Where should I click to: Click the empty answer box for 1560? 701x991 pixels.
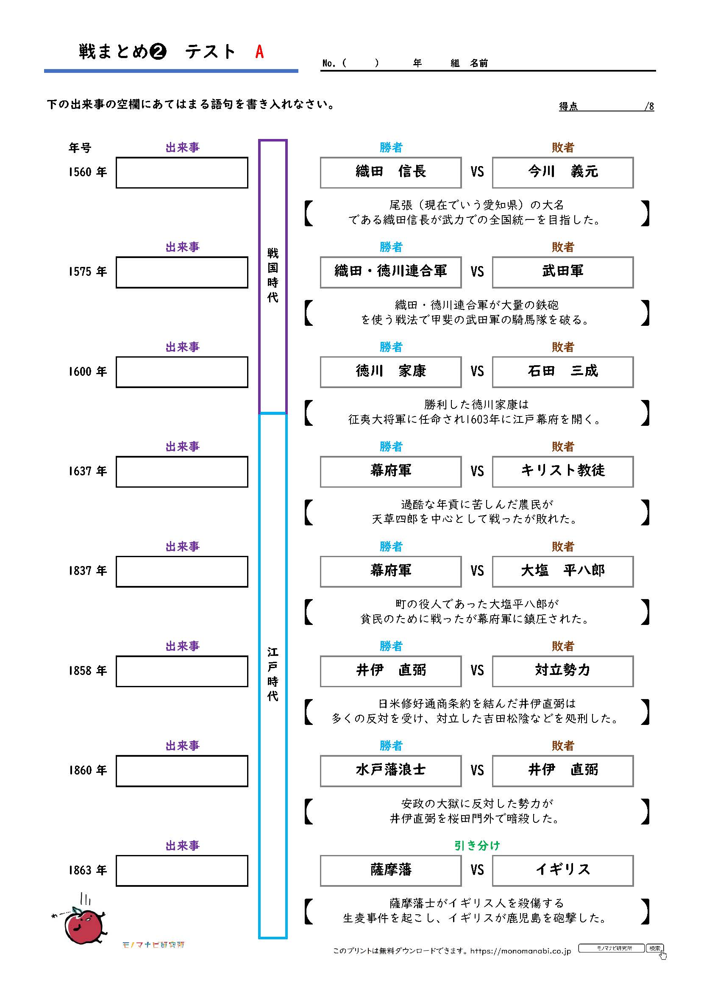click(182, 172)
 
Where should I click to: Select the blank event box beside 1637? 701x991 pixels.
click(182, 472)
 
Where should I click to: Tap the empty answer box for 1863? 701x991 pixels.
click(182, 871)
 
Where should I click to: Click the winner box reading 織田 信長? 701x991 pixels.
click(391, 172)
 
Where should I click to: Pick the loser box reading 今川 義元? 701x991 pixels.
click(562, 172)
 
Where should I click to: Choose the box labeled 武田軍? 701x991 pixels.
click(562, 272)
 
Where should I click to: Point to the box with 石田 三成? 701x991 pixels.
click(562, 372)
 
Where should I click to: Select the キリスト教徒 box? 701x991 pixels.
click(562, 472)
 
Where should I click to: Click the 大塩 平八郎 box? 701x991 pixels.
click(562, 572)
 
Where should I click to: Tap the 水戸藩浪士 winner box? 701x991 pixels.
click(391, 771)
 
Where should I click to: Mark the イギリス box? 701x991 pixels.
click(562, 871)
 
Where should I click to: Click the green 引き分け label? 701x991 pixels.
click(476, 846)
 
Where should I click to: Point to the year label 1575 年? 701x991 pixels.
click(88, 272)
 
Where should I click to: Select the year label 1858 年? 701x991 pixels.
click(88, 671)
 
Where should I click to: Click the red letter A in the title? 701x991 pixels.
click(259, 52)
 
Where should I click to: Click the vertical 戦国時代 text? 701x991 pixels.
click(273, 275)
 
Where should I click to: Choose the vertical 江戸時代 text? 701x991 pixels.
click(273, 674)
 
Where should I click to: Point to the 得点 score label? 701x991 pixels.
click(568, 106)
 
